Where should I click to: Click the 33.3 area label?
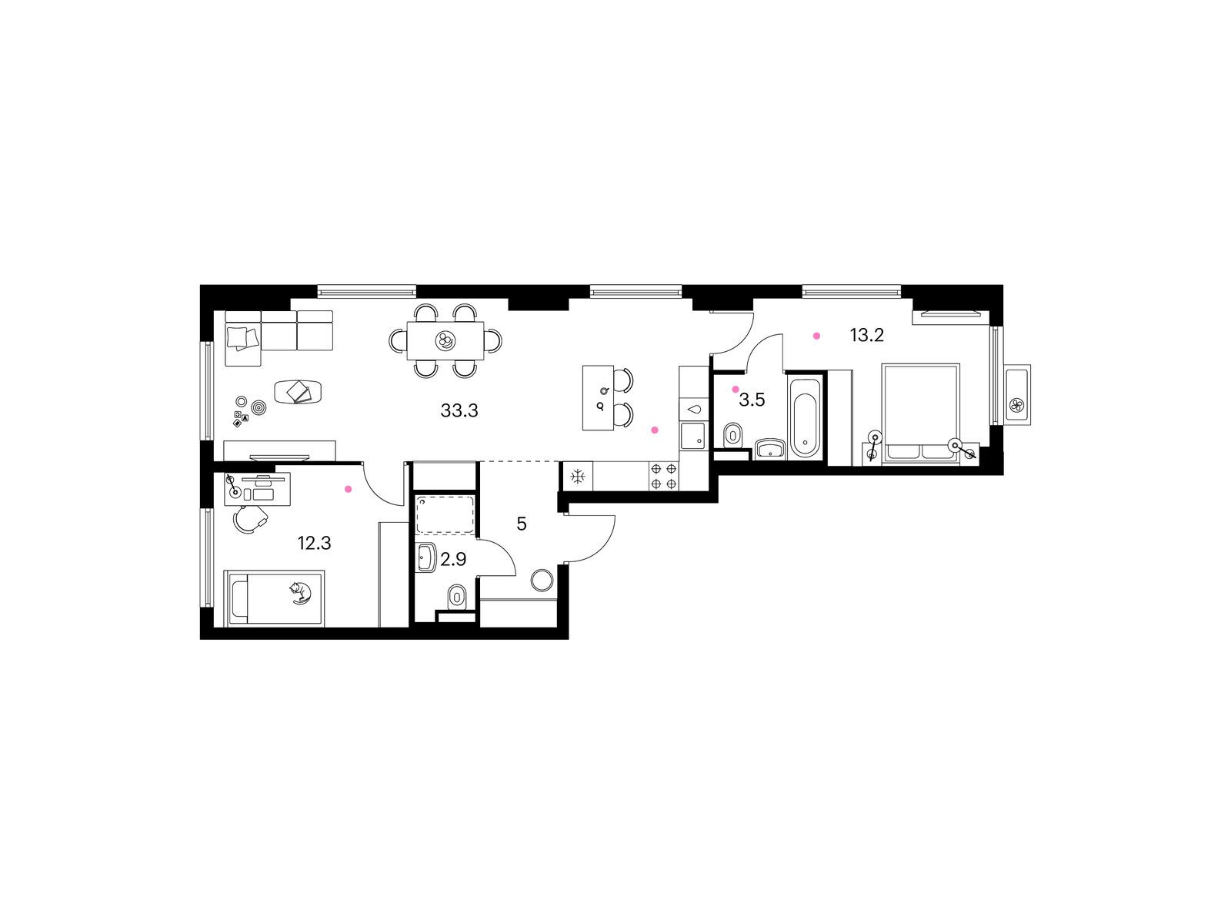click(459, 411)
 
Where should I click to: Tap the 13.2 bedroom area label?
click(866, 336)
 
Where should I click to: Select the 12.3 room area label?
click(314, 544)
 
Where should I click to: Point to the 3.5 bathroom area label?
click(752, 400)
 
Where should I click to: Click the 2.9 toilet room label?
click(453, 560)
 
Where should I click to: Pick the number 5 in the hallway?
click(522, 524)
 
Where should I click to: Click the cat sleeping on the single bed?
click(298, 591)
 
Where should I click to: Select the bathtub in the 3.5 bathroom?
click(805, 417)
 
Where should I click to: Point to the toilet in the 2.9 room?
click(457, 595)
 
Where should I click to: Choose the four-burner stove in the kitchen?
click(664, 476)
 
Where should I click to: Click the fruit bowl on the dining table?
click(445, 340)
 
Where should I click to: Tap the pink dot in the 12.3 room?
click(348, 489)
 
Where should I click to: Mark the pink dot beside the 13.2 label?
click(816, 336)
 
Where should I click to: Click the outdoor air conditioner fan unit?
click(1016, 405)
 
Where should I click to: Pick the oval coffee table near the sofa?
click(299, 392)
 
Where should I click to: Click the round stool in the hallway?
click(542, 580)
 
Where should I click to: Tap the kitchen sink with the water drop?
click(694, 409)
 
